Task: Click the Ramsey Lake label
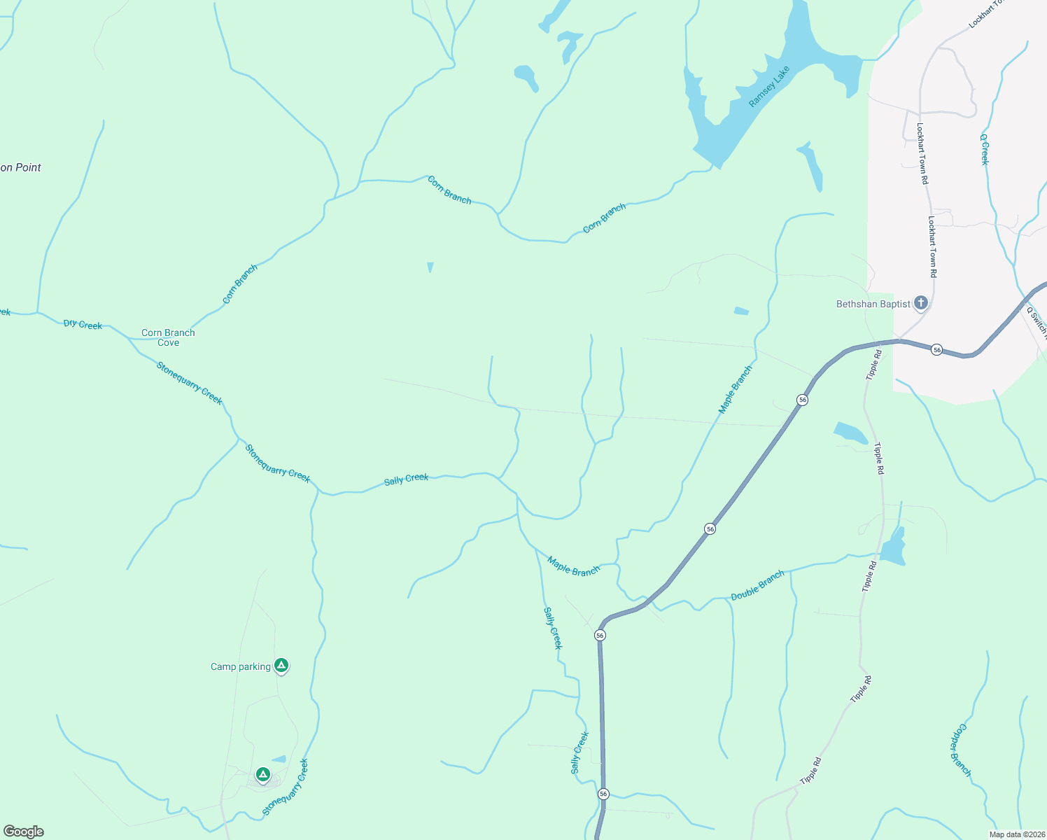click(x=769, y=87)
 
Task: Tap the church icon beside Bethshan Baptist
click(x=921, y=303)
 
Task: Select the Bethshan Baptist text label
click(x=873, y=304)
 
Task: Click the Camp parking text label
click(x=240, y=666)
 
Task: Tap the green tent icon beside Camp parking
click(x=281, y=665)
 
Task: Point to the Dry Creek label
click(x=83, y=324)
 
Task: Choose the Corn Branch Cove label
click(x=168, y=337)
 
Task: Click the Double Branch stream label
click(x=757, y=586)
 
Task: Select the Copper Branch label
click(x=960, y=750)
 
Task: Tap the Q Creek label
click(x=985, y=149)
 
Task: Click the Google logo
click(x=24, y=832)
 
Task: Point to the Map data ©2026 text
click(x=1016, y=834)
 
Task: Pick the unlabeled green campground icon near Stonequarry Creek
click(x=262, y=774)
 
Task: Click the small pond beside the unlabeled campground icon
click(x=279, y=759)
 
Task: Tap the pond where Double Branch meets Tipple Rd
click(x=893, y=547)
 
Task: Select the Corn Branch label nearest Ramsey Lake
click(x=605, y=218)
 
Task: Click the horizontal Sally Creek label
click(x=406, y=479)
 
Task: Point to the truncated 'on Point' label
click(x=20, y=167)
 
